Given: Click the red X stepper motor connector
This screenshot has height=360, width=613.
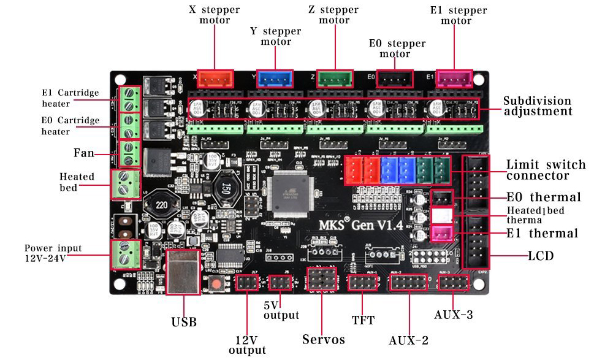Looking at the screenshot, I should point(215,79).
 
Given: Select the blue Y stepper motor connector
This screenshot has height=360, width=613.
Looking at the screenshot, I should point(275,79).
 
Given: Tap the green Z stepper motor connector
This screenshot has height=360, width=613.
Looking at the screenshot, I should point(335,79).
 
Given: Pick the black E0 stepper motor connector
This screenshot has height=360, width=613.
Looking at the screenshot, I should point(394,79).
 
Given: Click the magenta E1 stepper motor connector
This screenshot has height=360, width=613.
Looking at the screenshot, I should point(454,79).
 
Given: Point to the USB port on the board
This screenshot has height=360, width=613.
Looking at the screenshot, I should point(183,271).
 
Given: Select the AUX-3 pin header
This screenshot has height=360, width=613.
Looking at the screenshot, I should point(454,283).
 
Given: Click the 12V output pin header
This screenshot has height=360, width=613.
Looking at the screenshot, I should point(247,283).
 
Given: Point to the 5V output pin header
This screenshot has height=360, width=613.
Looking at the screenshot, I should point(280,283).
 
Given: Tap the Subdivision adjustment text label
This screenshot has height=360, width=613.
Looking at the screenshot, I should point(537,105).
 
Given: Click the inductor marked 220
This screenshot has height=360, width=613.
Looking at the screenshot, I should point(162,204).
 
